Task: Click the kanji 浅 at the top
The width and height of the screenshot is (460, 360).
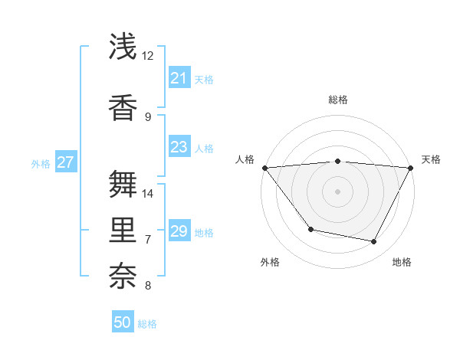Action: (x=123, y=47)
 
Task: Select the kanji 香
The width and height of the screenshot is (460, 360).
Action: (x=123, y=107)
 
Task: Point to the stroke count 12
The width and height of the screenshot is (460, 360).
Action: (x=148, y=56)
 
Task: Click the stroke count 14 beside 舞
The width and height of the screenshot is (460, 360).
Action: (x=148, y=194)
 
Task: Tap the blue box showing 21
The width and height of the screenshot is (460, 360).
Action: (x=179, y=78)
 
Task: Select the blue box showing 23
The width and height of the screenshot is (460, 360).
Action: (x=179, y=147)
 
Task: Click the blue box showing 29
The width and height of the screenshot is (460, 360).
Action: (x=179, y=231)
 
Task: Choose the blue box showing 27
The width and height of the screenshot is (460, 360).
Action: (x=66, y=162)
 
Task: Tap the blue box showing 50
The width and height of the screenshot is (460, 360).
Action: (x=123, y=322)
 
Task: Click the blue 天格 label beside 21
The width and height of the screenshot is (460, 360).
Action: (x=204, y=79)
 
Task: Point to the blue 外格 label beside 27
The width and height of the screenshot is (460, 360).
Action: (x=41, y=163)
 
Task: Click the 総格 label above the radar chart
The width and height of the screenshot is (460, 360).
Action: (x=337, y=100)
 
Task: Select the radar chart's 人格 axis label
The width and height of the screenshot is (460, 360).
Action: (x=245, y=159)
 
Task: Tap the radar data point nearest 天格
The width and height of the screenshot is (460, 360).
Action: (x=410, y=168)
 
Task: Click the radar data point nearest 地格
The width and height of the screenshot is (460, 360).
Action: (x=374, y=241)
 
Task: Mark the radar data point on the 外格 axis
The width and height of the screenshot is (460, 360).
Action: (x=310, y=229)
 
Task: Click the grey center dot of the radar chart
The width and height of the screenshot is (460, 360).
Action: (x=337, y=191)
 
